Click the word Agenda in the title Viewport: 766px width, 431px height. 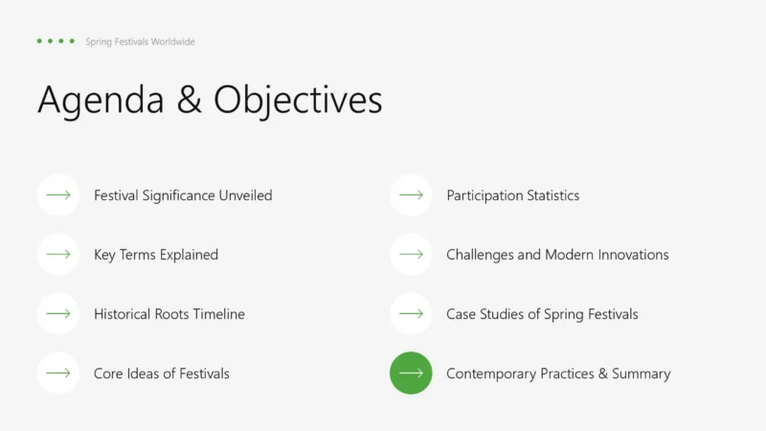(x=101, y=101)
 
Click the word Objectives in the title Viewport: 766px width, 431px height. (x=298, y=101)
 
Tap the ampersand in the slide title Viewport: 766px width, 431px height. (x=189, y=100)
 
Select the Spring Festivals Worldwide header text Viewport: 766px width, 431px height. (x=140, y=41)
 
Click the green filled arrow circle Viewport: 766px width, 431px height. (x=411, y=373)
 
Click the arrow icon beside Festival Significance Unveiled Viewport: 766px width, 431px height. (x=58, y=195)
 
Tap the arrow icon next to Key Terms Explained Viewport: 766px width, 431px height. (x=58, y=254)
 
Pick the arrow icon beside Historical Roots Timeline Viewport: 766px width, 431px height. (x=58, y=314)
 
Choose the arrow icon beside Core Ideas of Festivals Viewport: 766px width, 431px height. (x=58, y=373)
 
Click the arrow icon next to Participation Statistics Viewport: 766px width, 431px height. (x=411, y=195)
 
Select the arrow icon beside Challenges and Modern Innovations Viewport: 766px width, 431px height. (x=411, y=254)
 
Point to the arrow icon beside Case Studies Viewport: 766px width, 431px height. (x=411, y=314)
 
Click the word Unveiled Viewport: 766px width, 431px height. (x=245, y=195)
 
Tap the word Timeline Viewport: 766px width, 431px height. (x=219, y=314)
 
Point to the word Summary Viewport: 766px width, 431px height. (x=641, y=374)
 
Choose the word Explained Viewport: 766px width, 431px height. (x=189, y=255)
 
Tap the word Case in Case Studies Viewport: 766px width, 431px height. (x=461, y=314)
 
